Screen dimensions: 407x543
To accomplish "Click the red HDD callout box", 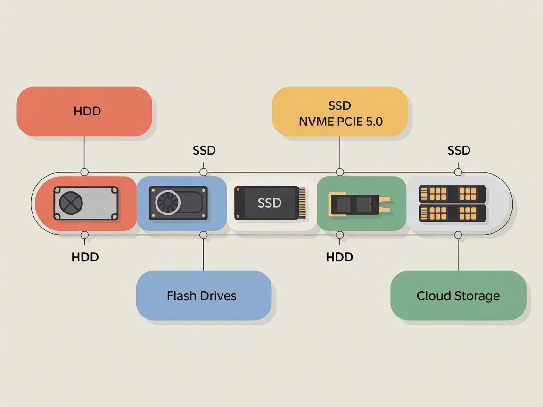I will click(84, 111).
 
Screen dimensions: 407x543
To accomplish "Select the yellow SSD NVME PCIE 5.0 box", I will click(340, 111).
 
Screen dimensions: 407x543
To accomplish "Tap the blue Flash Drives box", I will click(204, 295).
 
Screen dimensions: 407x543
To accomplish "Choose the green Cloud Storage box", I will click(458, 295).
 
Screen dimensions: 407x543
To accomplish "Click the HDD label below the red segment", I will click(85, 257).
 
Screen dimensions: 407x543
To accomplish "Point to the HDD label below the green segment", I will click(339, 257).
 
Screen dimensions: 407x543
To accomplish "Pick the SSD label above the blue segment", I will click(204, 150).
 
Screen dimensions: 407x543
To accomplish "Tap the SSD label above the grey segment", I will click(459, 150).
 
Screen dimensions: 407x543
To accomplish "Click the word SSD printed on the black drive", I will click(270, 203).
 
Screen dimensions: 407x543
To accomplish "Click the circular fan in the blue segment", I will click(167, 203).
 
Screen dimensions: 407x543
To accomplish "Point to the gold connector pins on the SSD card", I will click(301, 203).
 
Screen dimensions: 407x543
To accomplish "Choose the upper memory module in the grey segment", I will click(452, 193).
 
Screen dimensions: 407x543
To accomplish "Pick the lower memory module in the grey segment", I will click(452, 213).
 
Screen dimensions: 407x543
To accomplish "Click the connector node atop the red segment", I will click(84, 172).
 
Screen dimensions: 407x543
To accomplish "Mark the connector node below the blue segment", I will click(204, 235).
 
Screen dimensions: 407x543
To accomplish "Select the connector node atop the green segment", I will click(340, 172).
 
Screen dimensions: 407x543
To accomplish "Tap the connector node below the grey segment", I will click(458, 235).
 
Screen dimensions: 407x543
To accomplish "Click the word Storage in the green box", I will click(477, 296).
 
